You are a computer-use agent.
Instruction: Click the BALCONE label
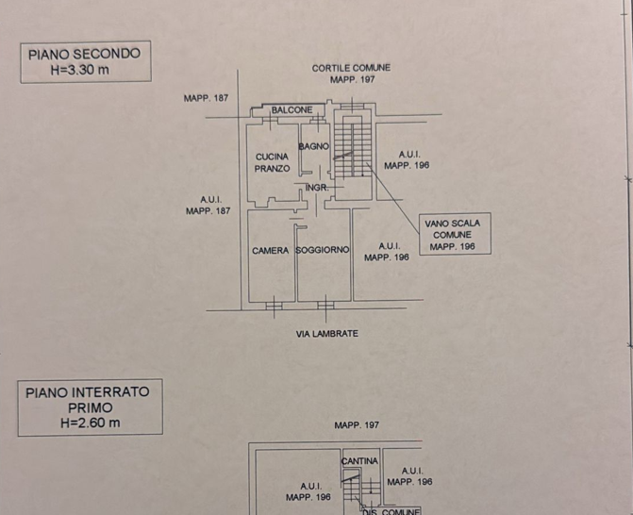[292, 109]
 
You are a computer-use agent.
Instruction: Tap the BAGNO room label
[314, 146]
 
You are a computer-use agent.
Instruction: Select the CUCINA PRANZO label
[272, 162]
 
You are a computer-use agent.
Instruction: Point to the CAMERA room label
[271, 251]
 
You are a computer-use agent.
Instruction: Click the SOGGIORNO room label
[322, 250]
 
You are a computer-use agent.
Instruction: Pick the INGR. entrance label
[317, 188]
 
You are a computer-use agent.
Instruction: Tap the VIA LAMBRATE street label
[327, 333]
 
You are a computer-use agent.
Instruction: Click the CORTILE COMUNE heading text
[351, 68]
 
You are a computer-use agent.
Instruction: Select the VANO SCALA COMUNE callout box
[455, 234]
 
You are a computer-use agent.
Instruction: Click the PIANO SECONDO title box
[86, 61]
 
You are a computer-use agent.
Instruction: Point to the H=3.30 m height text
[80, 70]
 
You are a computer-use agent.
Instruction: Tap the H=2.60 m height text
[90, 423]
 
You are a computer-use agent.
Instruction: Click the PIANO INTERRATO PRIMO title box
[90, 407]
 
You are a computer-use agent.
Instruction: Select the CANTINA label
[359, 461]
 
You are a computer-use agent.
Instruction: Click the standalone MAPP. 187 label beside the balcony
[206, 98]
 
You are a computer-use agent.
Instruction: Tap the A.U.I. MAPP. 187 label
[208, 205]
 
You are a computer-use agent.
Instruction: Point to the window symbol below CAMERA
[275, 306]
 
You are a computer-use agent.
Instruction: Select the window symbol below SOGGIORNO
[325, 306]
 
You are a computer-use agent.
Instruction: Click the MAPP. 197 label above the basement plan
[357, 425]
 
